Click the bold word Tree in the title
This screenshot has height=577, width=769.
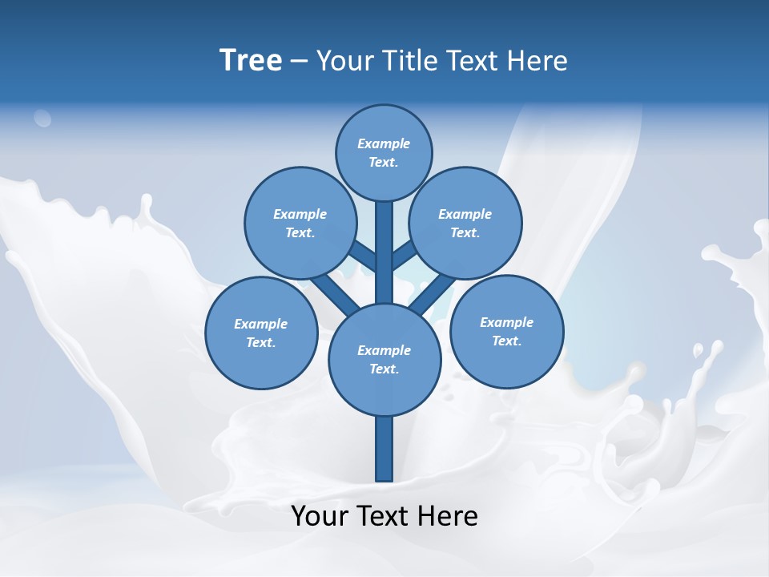(x=251, y=60)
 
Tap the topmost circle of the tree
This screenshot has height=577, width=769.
(x=384, y=152)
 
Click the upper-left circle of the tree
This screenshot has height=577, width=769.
(x=300, y=223)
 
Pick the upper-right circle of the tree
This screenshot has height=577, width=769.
(x=465, y=223)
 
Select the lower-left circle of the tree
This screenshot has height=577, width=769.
(x=261, y=333)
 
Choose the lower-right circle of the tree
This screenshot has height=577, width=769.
(x=506, y=331)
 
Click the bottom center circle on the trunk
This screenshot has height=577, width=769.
(x=384, y=359)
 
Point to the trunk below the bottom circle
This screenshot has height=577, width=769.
(x=384, y=449)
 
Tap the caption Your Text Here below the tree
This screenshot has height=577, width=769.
(x=384, y=515)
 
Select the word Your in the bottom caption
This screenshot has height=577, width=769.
(x=320, y=515)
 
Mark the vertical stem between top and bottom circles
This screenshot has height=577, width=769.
(x=384, y=252)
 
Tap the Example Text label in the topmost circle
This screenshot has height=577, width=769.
(x=384, y=152)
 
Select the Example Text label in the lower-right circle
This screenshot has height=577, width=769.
(x=506, y=331)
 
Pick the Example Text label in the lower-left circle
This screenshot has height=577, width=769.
(x=261, y=333)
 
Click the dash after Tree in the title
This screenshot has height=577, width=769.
(x=299, y=61)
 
